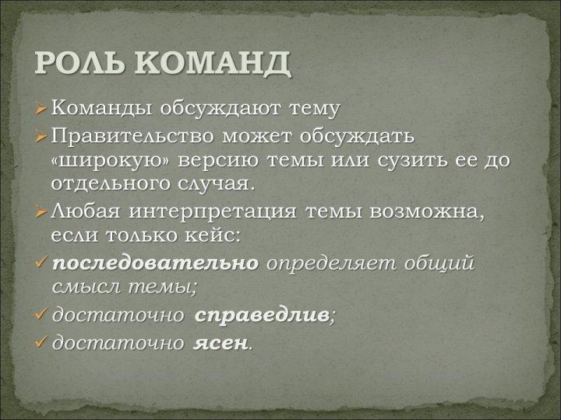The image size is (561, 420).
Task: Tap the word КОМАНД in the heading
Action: [x=213, y=64]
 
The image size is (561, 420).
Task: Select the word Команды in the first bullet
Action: [x=101, y=107]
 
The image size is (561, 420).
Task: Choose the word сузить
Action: [x=412, y=160]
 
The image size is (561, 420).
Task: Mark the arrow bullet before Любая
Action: [x=41, y=212]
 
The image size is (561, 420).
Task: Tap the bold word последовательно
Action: [x=155, y=264]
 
